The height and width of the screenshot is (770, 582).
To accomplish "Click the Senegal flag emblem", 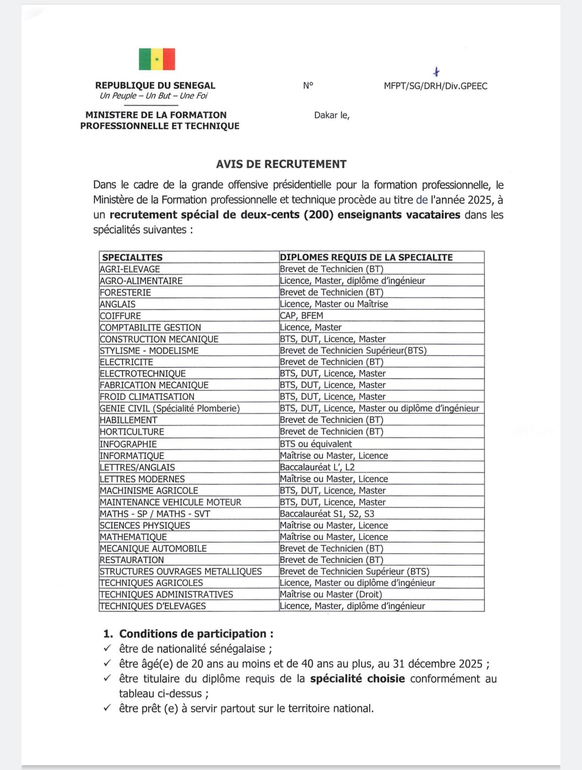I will (x=157, y=59).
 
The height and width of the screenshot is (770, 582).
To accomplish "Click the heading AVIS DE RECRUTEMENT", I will (x=281, y=164).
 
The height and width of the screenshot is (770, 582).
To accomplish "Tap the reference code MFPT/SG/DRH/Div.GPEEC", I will (x=435, y=86).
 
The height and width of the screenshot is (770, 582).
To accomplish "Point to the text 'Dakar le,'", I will (x=332, y=115).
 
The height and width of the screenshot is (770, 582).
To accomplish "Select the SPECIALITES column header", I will (x=133, y=257).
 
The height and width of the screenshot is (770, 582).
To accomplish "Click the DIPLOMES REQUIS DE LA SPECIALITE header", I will (x=366, y=257).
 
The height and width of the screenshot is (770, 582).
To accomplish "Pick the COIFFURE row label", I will (x=120, y=316).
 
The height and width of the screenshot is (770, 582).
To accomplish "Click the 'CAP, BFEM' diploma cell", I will (x=301, y=316).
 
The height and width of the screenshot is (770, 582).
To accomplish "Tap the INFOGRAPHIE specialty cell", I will (x=128, y=444).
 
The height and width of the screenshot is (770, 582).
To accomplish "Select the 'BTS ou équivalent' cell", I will (x=316, y=444).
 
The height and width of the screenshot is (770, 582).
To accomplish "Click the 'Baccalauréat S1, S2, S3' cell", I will (x=327, y=514).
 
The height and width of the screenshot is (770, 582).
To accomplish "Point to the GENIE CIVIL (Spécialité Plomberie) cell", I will (x=170, y=408).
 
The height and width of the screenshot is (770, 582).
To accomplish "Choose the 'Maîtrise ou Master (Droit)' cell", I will (x=331, y=594).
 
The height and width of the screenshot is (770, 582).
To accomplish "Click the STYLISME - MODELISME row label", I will (x=149, y=350).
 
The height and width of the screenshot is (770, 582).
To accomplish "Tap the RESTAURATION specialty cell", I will (x=131, y=560).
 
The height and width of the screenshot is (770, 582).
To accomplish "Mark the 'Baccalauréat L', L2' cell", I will (x=317, y=467).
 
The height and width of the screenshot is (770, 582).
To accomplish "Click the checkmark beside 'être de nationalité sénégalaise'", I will (x=108, y=649).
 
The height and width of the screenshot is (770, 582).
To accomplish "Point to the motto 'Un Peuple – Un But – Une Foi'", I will (x=154, y=96).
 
